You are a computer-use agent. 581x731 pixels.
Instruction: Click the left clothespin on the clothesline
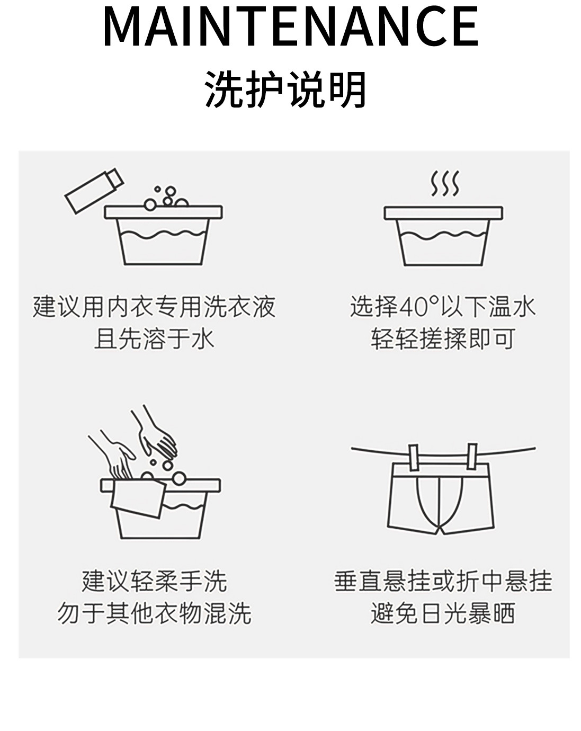[414, 456]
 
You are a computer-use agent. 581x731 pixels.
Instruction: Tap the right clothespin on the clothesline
[471, 456]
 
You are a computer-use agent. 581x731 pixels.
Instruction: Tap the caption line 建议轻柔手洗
[154, 581]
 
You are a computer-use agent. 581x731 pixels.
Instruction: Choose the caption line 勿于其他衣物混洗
[154, 613]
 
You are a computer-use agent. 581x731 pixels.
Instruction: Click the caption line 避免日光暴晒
[443, 613]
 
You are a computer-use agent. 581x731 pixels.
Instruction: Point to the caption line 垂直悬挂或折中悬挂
[443, 581]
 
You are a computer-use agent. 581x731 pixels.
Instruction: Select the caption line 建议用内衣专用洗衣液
[154, 307]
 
